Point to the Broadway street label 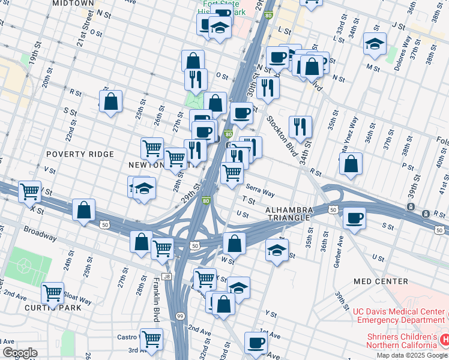pos(40,233)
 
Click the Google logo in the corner pos(19,353)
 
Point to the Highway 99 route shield pos(180,316)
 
